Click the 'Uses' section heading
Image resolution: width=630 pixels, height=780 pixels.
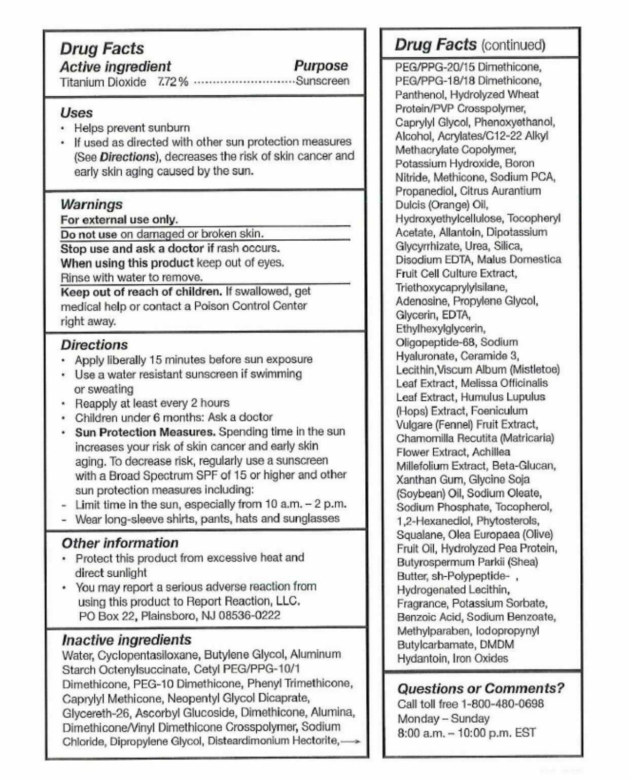(x=77, y=113)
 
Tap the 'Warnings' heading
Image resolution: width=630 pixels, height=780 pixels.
(x=91, y=204)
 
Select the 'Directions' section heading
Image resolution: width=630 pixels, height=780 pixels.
(x=94, y=345)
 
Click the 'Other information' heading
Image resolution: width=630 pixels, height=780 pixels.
(x=120, y=543)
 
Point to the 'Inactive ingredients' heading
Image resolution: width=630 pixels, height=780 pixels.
(x=127, y=640)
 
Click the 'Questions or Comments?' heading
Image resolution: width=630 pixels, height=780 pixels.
(x=480, y=688)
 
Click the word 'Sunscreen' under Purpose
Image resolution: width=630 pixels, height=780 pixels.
(x=323, y=81)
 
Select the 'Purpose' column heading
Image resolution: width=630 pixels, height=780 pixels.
(x=321, y=66)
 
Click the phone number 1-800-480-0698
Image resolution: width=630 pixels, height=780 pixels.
(x=502, y=704)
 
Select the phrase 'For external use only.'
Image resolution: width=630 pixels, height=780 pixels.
(x=119, y=219)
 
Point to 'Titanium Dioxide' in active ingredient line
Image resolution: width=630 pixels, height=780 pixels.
(x=103, y=82)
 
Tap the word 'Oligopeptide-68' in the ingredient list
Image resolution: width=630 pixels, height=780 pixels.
(x=437, y=342)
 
